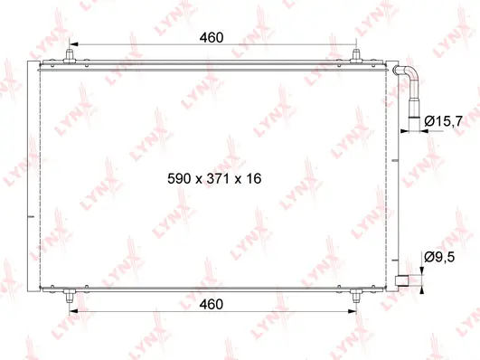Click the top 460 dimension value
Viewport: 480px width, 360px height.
coord(211,37)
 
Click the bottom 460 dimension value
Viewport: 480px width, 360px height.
coord(211,304)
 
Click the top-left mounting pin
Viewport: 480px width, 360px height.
coord(71,56)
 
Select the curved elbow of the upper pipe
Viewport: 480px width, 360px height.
coord(409,71)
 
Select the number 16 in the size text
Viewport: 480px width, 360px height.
coord(253,179)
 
